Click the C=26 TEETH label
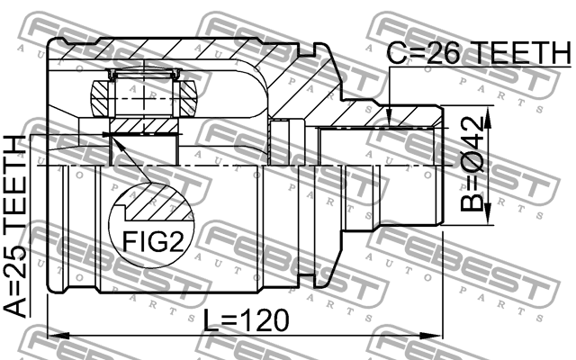point(479,53)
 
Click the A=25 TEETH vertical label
point(15,226)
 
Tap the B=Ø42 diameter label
point(472,164)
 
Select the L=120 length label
point(246,320)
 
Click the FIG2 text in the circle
point(152,242)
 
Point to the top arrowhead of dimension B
point(488,117)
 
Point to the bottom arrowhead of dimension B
point(488,214)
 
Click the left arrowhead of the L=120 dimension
point(58,336)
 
